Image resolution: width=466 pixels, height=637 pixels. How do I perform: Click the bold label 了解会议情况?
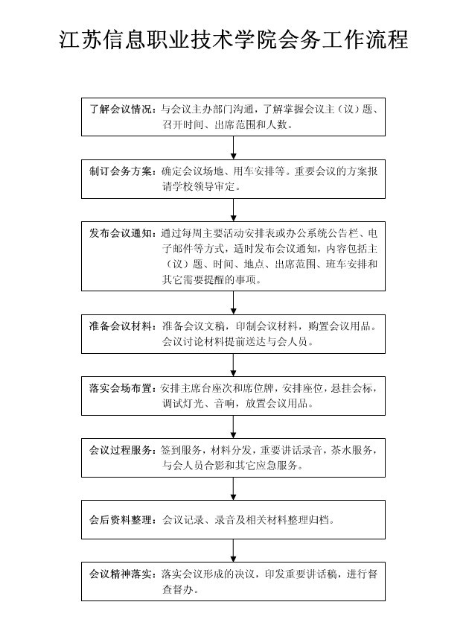click(121, 110)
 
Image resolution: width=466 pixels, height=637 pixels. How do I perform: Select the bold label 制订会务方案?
click(121, 171)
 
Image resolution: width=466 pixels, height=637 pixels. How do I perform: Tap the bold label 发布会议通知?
click(121, 232)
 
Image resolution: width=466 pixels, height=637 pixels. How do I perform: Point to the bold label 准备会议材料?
click(121, 326)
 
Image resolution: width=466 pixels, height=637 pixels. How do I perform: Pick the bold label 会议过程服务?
click(121, 450)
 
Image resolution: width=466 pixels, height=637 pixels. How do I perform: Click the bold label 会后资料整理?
click(121, 519)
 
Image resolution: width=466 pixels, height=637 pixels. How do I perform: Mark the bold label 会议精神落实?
click(121, 574)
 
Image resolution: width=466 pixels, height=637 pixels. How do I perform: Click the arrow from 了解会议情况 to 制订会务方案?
click(234, 148)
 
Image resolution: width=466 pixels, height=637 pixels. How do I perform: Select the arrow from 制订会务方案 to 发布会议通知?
click(234, 209)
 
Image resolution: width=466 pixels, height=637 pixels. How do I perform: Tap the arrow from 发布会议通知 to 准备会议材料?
click(234, 302)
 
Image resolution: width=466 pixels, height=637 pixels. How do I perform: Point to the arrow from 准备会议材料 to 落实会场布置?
click(234, 365)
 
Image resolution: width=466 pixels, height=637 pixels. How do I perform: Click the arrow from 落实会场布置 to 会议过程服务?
click(234, 427)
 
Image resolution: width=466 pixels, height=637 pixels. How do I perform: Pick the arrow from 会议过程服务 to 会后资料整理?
click(234, 487)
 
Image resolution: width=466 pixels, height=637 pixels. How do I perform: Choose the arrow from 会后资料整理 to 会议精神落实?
click(234, 550)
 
